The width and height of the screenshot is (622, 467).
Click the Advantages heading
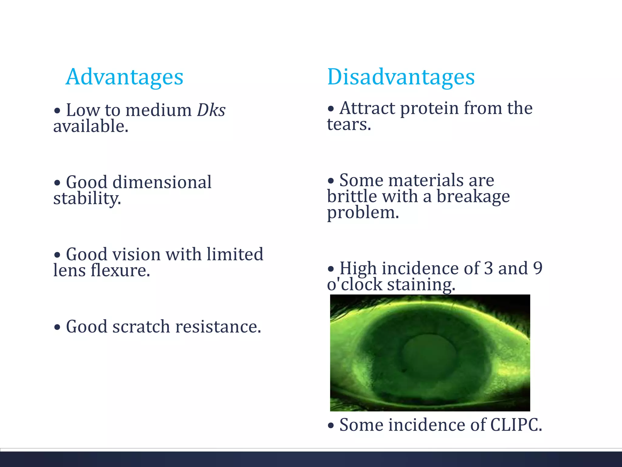[x=124, y=77]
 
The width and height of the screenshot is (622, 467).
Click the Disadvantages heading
[x=401, y=77]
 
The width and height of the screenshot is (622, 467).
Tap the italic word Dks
[x=211, y=110]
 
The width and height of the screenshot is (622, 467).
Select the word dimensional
[x=162, y=182]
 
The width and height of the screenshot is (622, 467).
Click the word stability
[x=87, y=199]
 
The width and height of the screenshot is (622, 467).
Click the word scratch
[x=141, y=327]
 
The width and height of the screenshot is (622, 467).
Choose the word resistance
[x=218, y=327]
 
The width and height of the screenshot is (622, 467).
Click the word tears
[x=349, y=125]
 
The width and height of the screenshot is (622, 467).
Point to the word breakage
[x=473, y=197]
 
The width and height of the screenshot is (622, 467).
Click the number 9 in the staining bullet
[x=538, y=268]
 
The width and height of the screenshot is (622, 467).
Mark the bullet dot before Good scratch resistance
[x=57, y=328]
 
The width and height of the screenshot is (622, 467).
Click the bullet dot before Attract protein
[x=331, y=109]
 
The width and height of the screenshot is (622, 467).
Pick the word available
[x=91, y=126]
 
